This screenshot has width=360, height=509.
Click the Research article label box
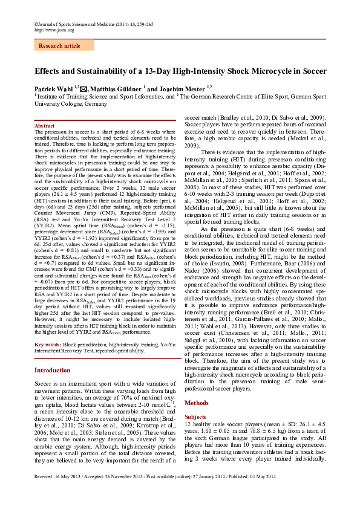(59, 45)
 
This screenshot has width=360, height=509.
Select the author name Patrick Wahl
(51, 88)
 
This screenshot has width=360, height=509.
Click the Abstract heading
(44, 126)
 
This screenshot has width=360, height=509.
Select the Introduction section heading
(52, 370)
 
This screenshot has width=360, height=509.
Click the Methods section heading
(196, 402)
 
